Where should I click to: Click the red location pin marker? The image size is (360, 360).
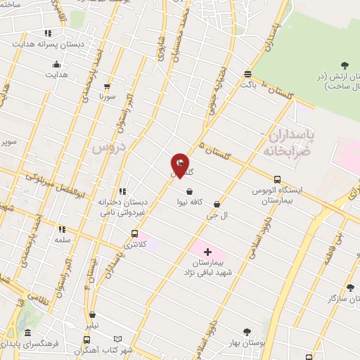tap(180, 165)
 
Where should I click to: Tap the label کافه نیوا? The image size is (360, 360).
tap(191, 202)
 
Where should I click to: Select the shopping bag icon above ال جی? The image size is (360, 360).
tap(217, 205)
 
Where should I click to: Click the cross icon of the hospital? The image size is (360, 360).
tap(207, 252)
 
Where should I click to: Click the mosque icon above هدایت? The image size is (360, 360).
tap(56, 65)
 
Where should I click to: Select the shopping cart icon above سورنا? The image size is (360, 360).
tap(106, 86)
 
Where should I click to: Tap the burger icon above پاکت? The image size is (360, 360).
tap(247, 74)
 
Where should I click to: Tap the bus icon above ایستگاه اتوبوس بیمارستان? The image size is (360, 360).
tap(277, 179)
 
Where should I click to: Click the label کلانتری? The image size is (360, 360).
tap(133, 245)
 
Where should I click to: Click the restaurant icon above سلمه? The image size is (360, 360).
tap(62, 229)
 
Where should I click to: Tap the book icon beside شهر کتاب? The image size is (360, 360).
tap(118, 339)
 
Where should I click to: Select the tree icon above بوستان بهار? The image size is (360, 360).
tap(246, 332)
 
